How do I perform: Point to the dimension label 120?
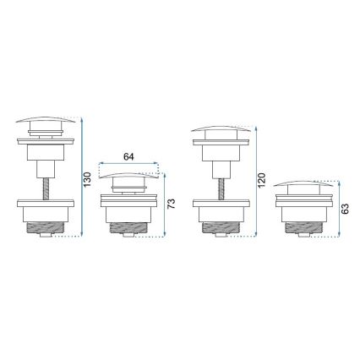[262, 181]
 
